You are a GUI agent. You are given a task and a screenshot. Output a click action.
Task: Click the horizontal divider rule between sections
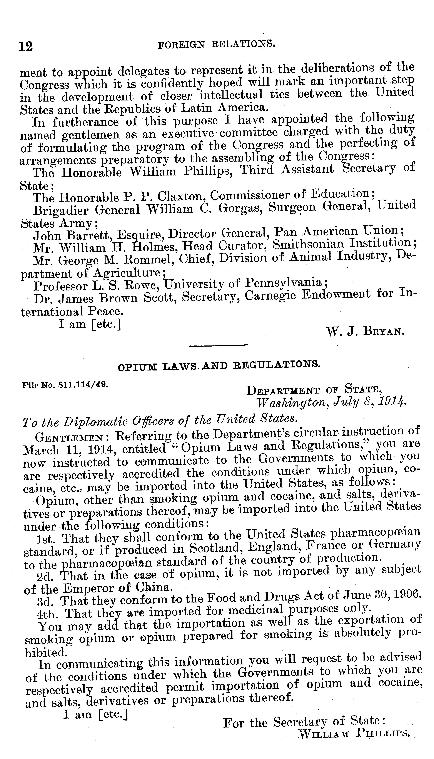pyautogui.click(x=219, y=346)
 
